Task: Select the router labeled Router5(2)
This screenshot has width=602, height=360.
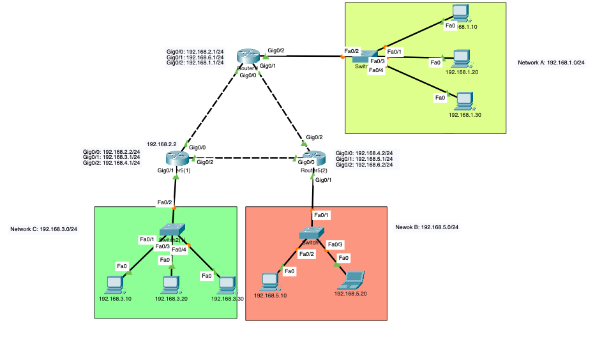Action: click(313, 158)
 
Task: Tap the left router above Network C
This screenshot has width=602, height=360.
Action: click(174, 158)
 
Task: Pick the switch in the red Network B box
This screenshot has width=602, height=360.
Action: click(312, 234)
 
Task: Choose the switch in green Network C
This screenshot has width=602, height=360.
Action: click(172, 229)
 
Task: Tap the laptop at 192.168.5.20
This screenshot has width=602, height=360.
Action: click(352, 279)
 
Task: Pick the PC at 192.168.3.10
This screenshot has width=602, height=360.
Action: click(115, 283)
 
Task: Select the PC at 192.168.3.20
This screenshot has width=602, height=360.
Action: click(171, 283)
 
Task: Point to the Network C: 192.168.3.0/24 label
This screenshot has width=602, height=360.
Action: click(43, 229)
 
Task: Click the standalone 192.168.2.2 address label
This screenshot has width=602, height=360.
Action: click(161, 144)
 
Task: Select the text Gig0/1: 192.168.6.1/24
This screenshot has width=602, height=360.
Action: click(195, 57)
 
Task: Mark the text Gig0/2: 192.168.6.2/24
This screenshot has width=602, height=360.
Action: click(363, 165)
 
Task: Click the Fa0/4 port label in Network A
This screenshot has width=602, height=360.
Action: click(376, 70)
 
